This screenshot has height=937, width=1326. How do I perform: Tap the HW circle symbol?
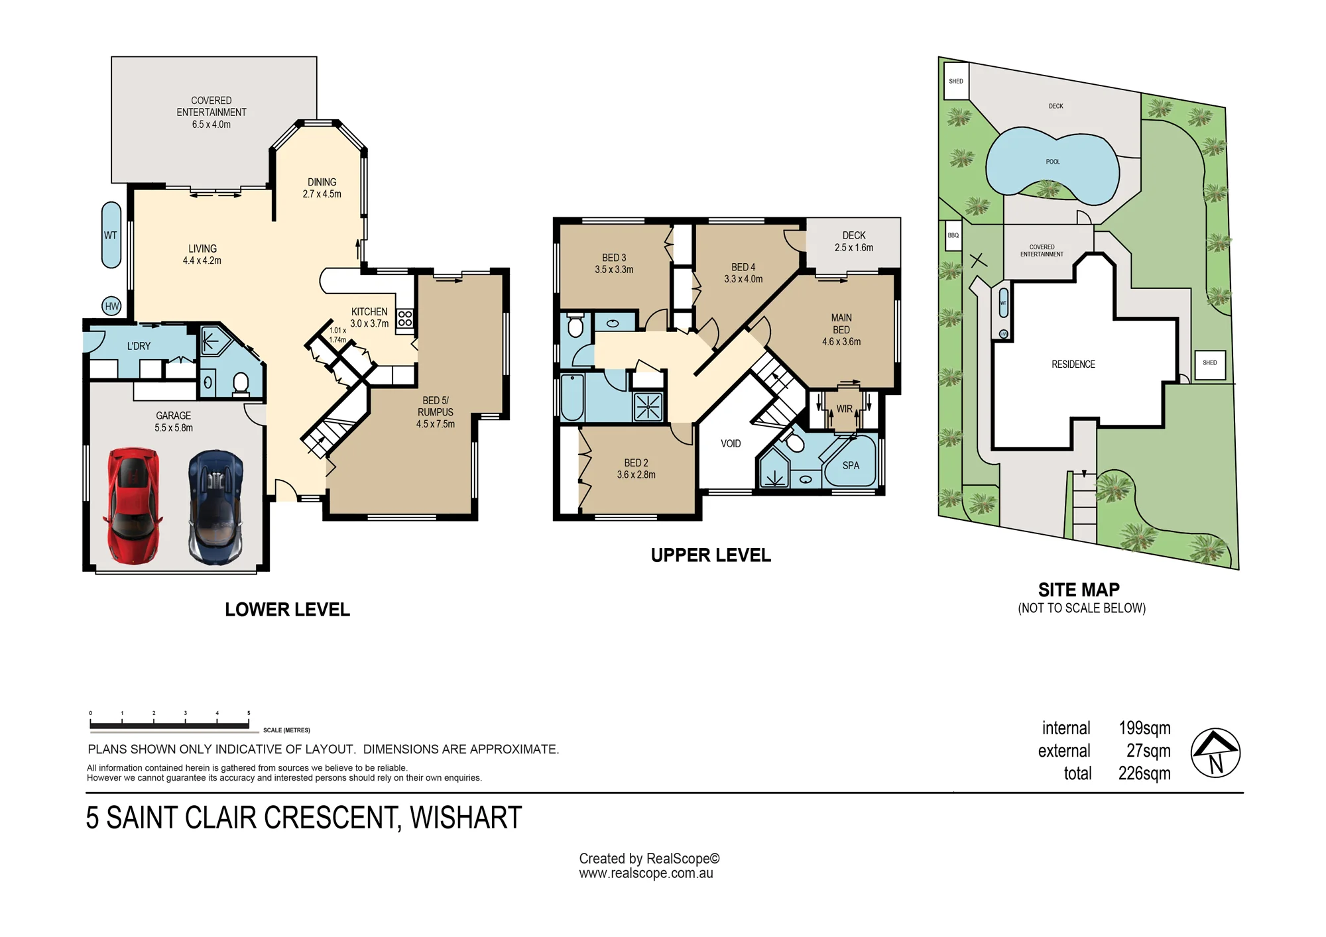pos(112,306)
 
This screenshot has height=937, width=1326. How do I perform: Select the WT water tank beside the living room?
pos(111,235)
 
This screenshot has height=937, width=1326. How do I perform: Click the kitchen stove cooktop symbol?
pos(405,319)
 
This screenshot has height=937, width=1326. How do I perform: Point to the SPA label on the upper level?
pos(851,466)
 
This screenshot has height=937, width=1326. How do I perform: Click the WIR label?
pos(844,409)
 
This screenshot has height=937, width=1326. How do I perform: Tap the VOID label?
pos(731,444)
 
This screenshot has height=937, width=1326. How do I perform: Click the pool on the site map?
pos(1053,165)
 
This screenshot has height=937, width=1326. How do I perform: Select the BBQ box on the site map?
pos(953,236)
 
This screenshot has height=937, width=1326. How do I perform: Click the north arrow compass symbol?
pos(1215,753)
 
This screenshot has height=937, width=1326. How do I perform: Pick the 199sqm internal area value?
pos(1144,728)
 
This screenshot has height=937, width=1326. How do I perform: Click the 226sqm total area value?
pos(1144,773)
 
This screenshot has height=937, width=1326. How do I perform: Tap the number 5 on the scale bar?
pos(249,714)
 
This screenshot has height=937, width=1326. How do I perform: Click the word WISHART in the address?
pos(466,818)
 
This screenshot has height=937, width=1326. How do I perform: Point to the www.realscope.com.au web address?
pos(646,873)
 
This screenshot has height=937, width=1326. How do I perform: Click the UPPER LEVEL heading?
pos(711,555)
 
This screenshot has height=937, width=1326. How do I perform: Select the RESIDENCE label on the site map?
pos(1073,364)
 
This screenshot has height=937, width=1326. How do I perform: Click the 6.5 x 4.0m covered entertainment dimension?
pos(211,125)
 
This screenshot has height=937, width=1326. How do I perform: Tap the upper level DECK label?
pos(854,235)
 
